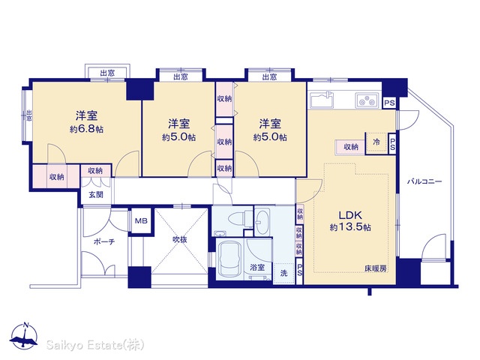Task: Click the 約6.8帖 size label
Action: point(86,129)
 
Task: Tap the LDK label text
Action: point(350,215)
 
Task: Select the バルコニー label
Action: point(424,181)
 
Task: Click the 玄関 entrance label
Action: point(96,195)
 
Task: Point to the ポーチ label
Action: point(104,241)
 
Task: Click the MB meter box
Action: point(141,220)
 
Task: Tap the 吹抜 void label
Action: point(180,240)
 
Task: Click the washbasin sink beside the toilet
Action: point(262,221)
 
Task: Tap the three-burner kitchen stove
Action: point(367,100)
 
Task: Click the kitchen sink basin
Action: point(322,100)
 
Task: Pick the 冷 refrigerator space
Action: point(376,142)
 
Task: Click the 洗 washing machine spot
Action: point(283,273)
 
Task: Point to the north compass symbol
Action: point(24,335)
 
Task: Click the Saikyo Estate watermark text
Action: point(95,345)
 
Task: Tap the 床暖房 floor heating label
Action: point(375,268)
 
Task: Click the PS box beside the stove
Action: point(389,103)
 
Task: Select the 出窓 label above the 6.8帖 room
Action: point(107,73)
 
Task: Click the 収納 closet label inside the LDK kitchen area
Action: point(351,147)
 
